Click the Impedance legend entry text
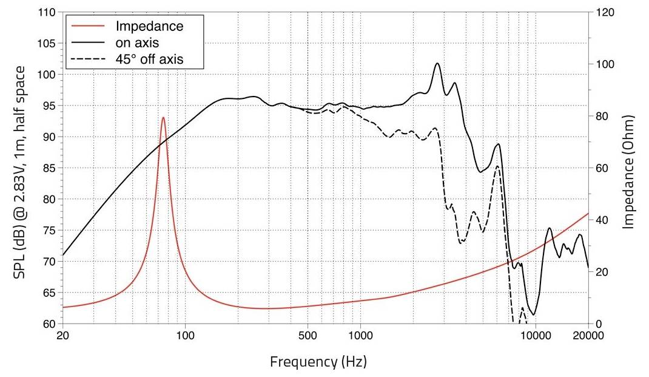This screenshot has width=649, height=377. (x=149, y=27)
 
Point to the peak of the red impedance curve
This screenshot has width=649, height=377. (x=163, y=118)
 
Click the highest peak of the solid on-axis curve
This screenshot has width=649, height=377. (x=437, y=63)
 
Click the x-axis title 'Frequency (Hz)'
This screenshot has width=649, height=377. (x=318, y=362)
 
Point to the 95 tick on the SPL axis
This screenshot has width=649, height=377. (x=49, y=106)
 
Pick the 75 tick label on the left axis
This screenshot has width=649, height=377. (x=49, y=231)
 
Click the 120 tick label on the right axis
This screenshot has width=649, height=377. (x=605, y=13)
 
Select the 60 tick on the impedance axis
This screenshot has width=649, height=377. (x=602, y=168)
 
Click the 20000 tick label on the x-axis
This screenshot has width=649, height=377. (x=587, y=336)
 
